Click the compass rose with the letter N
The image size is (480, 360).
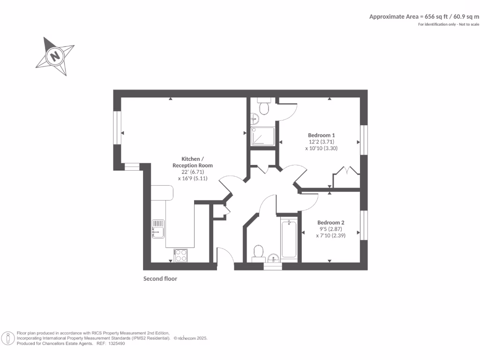pos(55,56)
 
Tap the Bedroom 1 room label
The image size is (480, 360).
pos(321,135)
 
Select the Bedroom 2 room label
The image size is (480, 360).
pos(330,223)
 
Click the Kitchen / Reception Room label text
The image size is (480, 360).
pos(192,162)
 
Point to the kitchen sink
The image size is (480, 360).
pos(158,228)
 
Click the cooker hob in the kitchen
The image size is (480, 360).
pos(180,255)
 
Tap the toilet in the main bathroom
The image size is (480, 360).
pos(257,253)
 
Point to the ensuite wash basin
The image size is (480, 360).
pos(254,118)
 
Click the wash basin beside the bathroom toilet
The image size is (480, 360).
pos(274,258)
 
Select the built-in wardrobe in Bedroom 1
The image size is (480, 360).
pos(346,180)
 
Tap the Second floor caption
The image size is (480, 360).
pos(160,278)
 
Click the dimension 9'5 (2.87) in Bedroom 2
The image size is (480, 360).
pos(330,229)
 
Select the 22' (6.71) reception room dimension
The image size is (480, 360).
pos(192,172)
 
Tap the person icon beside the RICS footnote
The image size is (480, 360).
pos(8,338)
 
